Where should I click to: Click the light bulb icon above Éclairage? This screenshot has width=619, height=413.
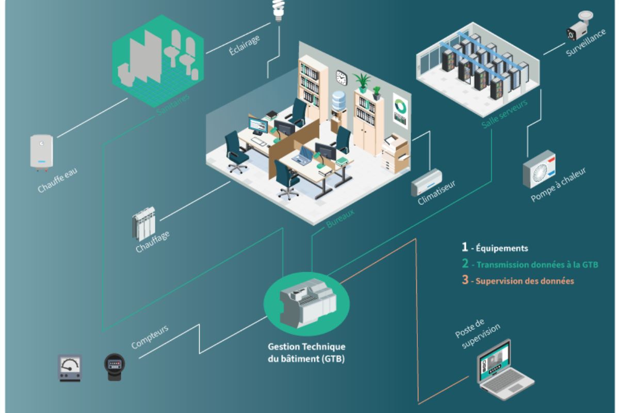click(x=279, y=10)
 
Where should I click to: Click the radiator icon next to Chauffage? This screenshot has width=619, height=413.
click(x=143, y=224)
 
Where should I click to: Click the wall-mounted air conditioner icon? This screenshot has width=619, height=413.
click(x=427, y=182)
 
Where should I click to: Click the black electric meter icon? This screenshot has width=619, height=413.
click(x=114, y=367)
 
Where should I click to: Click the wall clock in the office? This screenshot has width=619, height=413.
click(x=341, y=77)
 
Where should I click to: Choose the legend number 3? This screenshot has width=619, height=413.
click(x=465, y=281)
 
